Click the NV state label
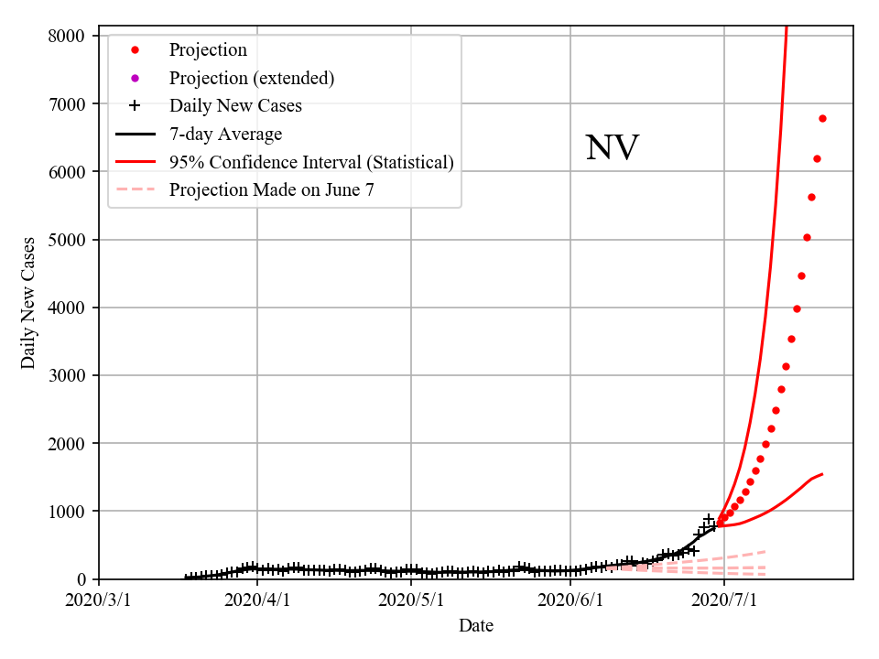(612, 148)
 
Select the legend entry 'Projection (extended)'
(251, 78)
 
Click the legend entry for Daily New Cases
(235, 105)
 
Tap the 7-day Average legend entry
(225, 134)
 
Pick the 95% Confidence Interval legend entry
(311, 162)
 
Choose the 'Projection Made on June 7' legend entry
(272, 189)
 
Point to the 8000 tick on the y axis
(70, 36)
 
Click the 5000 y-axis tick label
(70, 240)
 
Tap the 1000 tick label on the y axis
(70, 511)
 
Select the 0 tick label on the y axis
(81, 579)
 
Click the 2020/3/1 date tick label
(99, 601)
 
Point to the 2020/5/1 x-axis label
(411, 601)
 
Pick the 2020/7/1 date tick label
(724, 601)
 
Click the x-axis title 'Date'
(476, 626)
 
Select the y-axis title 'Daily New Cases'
(28, 303)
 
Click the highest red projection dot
(822, 118)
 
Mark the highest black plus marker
(709, 519)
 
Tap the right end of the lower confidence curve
(822, 474)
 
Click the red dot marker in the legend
(135, 49)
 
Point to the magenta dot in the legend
(135, 78)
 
